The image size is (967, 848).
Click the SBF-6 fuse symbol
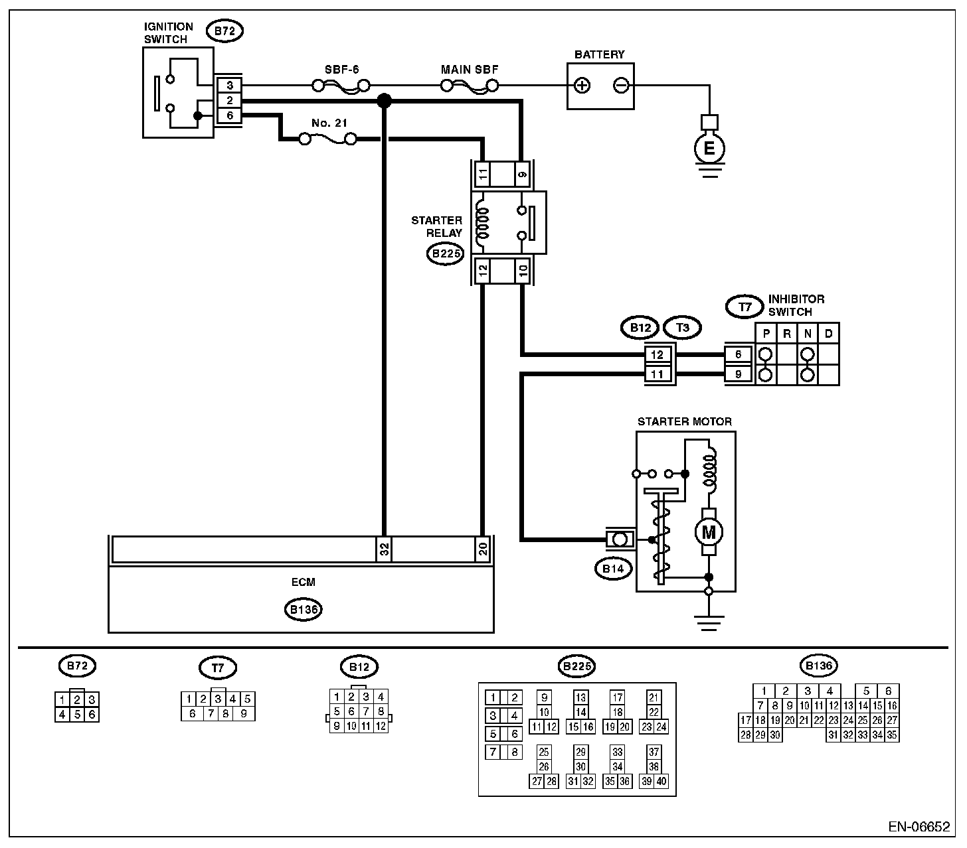coord(341,86)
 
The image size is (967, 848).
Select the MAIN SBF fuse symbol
coord(470,86)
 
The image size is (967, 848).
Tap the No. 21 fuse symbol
coord(327,139)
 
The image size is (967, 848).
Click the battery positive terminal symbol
coord(582,86)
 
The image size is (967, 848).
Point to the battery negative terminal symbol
coord(621,86)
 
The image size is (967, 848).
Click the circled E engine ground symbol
coord(709,149)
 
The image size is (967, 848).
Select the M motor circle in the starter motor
coord(708,531)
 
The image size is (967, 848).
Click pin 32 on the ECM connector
coord(384,549)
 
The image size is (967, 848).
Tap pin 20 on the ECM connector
coord(483,549)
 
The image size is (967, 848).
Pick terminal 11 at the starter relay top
coord(483,175)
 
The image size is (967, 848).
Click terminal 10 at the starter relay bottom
coord(523,270)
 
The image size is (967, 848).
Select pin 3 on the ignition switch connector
coord(229,86)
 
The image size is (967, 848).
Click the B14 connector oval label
coord(613,569)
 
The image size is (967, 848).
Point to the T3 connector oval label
coord(682,327)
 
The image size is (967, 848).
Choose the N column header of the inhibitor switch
coord(807,334)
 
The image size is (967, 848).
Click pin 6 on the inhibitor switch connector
coord(738,355)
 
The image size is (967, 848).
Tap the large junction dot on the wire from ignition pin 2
coord(384,101)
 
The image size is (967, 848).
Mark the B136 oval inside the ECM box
coord(303,610)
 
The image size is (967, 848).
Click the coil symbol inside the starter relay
coord(482,222)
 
